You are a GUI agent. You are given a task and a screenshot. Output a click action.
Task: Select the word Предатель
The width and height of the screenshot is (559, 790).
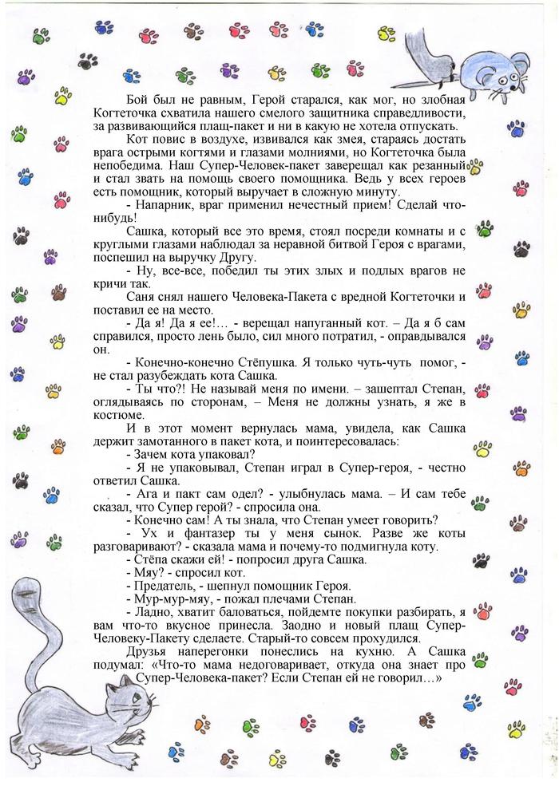[x=162, y=587]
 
